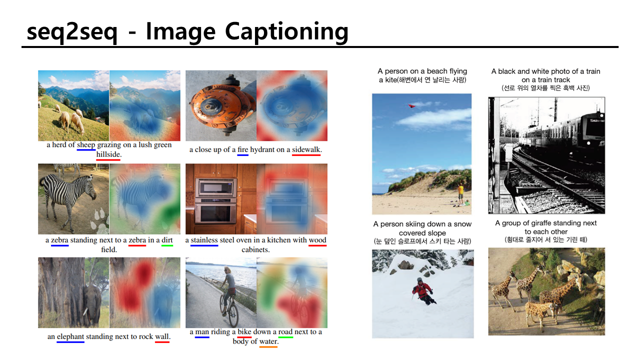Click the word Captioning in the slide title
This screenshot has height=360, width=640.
coord(286,32)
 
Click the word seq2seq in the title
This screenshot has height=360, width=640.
coord(72,32)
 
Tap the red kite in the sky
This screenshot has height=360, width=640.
coord(411,106)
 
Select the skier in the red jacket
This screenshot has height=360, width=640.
coord(423,291)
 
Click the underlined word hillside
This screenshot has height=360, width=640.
coord(108,154)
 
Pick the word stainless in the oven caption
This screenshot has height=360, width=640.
coord(204,240)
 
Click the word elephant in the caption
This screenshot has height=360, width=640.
coord(70,336)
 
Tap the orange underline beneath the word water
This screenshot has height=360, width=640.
coord(268,347)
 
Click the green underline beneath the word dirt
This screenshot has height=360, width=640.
coord(167,245)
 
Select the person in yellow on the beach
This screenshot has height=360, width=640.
coord(460,194)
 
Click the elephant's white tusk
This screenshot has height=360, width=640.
coord(85,311)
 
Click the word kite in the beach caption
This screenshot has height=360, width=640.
coord(391,80)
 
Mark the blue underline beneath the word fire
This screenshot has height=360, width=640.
coord(242,155)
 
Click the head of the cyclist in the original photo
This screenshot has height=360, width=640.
coord(227,269)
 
